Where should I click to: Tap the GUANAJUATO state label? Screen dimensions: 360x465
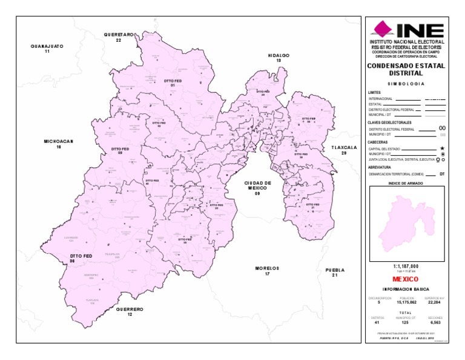[47, 48]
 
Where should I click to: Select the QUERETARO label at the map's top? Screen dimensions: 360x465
[119, 38]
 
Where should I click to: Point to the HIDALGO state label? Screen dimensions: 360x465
[279, 58]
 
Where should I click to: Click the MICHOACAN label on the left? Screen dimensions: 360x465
[59, 144]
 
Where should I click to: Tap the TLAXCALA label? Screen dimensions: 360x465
[344, 150]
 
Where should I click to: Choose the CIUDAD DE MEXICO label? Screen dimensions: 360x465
[257, 188]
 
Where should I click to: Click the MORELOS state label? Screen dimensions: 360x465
[266, 270]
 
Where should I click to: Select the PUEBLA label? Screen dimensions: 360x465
[334, 272]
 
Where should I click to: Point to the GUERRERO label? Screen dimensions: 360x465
[130, 312]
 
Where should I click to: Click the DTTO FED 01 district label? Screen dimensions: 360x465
[173, 83]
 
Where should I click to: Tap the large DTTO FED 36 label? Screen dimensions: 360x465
[81, 259]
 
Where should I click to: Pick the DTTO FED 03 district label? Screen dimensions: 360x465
[120, 150]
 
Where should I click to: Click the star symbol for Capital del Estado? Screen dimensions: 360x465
[443, 148]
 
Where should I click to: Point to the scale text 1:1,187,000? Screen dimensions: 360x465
[406, 266]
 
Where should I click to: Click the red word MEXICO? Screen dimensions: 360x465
[406, 279]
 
